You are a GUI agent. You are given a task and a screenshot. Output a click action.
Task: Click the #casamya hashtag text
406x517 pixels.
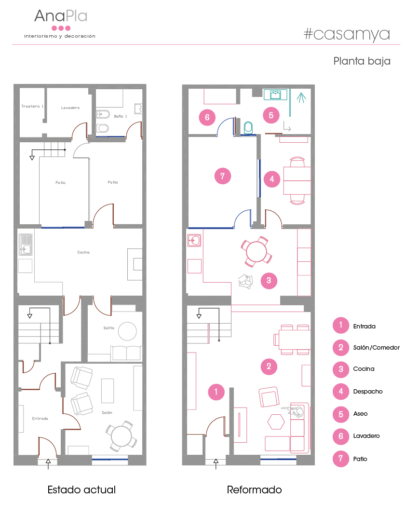tap(347, 34)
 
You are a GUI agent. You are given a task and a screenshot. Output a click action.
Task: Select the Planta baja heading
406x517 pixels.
tap(362, 61)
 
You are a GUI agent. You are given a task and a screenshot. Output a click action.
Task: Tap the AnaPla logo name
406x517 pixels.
tap(61, 16)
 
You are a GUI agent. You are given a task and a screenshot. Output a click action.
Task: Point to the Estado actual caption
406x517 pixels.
tap(81, 490)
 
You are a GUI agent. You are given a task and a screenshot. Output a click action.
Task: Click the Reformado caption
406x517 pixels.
tap(254, 490)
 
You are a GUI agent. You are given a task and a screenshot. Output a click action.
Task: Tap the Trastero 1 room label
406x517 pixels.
tap(32, 106)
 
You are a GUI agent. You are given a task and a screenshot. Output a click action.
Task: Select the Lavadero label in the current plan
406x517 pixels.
tap(70, 108)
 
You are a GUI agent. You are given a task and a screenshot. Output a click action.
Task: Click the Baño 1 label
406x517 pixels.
tap(120, 116)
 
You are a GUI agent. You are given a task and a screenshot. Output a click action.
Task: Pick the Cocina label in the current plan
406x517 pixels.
tap(83, 252)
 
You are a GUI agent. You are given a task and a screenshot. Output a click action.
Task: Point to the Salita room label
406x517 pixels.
tap(109, 328)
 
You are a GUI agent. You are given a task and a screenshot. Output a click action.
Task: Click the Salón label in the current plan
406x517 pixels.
tap(107, 412)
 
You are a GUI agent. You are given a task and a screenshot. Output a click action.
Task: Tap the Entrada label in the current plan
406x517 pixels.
tap(40, 419)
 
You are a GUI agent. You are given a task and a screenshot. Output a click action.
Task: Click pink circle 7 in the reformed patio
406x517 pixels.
tap(222, 176)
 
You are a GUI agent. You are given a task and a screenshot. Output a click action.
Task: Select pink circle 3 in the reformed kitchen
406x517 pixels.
tap(269, 281)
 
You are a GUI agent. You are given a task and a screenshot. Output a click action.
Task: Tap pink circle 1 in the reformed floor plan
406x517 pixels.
tap(216, 392)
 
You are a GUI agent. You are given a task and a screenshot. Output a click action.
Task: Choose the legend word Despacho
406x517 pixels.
tap(368, 392)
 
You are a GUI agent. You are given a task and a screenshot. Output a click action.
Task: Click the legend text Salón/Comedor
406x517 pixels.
tap(376, 348)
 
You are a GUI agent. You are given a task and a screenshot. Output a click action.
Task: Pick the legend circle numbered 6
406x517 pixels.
tap(341, 436)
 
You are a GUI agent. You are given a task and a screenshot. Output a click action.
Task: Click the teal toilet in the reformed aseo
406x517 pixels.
tap(248, 128)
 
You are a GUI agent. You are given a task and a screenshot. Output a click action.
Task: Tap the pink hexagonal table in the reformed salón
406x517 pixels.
tap(276, 422)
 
